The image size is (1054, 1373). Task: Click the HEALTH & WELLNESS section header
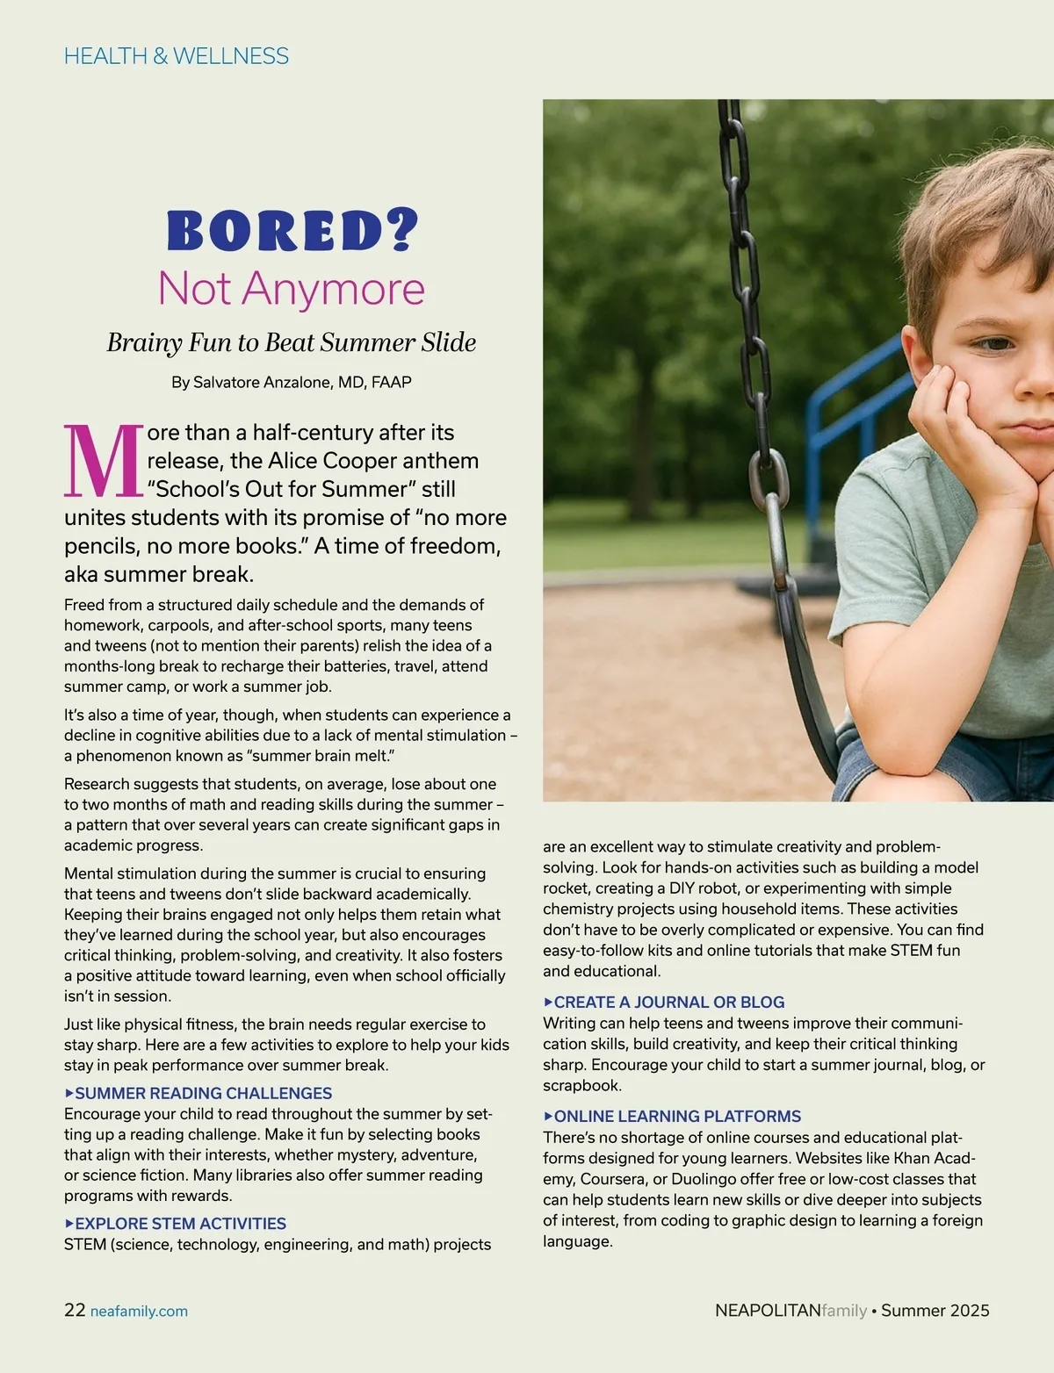(177, 56)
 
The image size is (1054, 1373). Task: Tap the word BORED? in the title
(292, 230)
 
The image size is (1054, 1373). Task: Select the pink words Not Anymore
(292, 288)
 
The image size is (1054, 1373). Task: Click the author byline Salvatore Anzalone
(292, 383)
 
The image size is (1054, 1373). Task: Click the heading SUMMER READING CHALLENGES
(203, 1093)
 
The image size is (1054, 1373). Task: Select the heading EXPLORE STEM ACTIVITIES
(180, 1223)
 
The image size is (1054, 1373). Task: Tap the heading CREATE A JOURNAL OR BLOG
(668, 1002)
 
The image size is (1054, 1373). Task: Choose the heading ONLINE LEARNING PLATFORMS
(677, 1116)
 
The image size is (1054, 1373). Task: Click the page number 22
(75, 1310)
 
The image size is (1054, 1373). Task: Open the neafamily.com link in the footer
(139, 1312)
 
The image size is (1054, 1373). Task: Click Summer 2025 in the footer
(935, 1311)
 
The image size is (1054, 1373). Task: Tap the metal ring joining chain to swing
(768, 478)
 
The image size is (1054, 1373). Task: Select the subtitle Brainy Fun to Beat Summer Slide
(292, 342)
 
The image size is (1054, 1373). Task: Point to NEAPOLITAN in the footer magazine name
(768, 1311)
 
